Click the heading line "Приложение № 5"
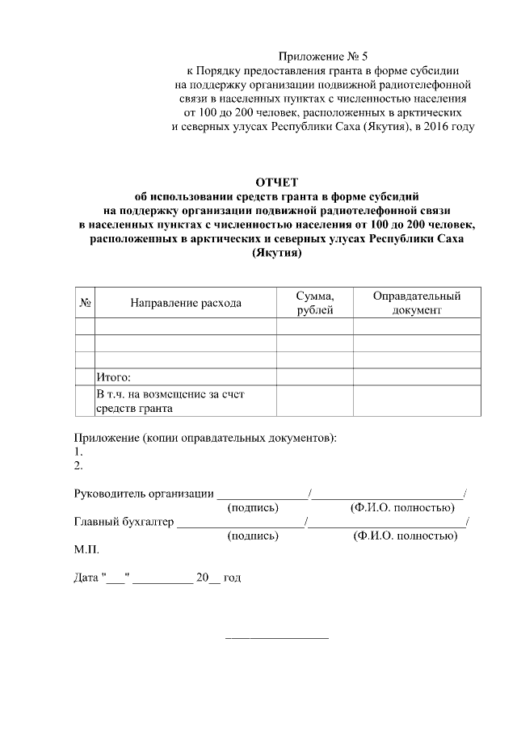[x=322, y=57]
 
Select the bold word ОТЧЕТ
[x=277, y=182]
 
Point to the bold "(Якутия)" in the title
[x=277, y=253]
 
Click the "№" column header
[x=85, y=303]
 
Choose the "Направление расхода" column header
[x=186, y=303]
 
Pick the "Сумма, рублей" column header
[x=314, y=303]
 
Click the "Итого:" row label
[x=113, y=376]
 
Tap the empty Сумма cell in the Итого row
[x=314, y=376]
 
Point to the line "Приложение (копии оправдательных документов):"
[x=205, y=439]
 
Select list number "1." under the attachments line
[x=78, y=452]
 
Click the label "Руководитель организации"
[x=144, y=494]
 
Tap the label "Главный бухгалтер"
[x=124, y=522]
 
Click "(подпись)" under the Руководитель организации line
[x=254, y=507]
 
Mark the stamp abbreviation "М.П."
[x=86, y=549]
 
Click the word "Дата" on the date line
[x=86, y=578]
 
